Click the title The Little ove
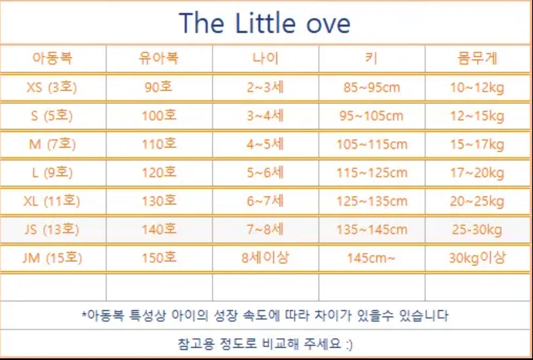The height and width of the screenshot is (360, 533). click(x=265, y=23)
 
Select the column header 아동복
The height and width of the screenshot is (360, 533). click(x=53, y=58)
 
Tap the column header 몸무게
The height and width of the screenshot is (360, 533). click(x=477, y=58)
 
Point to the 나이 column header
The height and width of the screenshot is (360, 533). click(x=265, y=58)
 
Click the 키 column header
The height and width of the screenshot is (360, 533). click(x=371, y=58)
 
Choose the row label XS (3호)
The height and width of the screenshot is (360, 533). click(x=52, y=87)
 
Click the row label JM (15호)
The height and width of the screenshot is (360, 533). click(x=52, y=258)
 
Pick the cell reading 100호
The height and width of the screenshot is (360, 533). click(x=159, y=115)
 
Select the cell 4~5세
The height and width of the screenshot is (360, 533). click(x=265, y=144)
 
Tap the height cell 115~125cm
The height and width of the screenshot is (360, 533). click(x=372, y=173)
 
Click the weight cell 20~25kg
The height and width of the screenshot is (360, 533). click(x=477, y=201)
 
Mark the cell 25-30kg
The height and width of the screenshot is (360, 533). click(x=477, y=230)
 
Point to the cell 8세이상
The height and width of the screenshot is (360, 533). click(x=265, y=258)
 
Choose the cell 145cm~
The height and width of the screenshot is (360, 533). click(x=371, y=258)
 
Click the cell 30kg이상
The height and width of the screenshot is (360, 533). click(x=477, y=258)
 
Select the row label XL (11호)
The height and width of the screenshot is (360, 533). click(x=52, y=201)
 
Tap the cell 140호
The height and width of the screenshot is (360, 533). click(x=159, y=229)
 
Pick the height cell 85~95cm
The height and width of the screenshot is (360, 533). click(x=372, y=87)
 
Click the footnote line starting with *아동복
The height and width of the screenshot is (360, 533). click(x=265, y=315)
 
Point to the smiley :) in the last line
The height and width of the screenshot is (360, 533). click(x=349, y=344)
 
